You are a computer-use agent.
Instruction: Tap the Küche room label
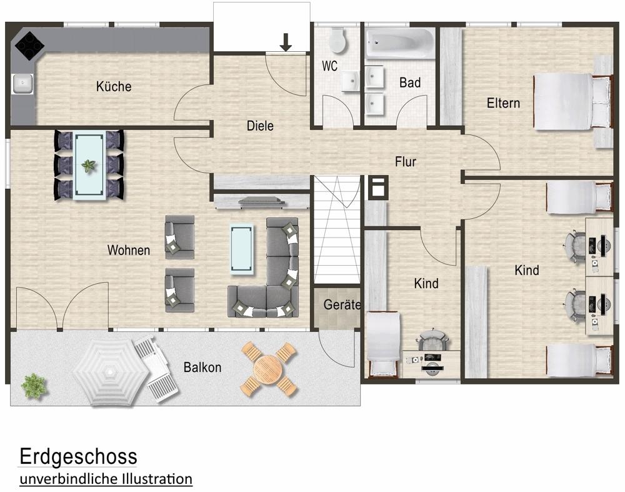114,86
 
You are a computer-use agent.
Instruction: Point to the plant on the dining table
89,166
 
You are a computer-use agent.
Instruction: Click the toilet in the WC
337,40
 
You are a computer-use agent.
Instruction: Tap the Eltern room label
503,103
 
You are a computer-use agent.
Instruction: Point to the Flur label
405,162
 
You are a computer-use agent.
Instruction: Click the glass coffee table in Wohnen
242,249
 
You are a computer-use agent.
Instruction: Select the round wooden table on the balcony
269,369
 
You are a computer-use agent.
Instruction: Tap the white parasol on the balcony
109,374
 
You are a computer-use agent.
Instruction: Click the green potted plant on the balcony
34,384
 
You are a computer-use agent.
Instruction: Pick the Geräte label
342,305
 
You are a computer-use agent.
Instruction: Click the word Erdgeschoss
78,456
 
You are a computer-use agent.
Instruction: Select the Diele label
260,126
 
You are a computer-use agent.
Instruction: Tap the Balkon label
202,368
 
